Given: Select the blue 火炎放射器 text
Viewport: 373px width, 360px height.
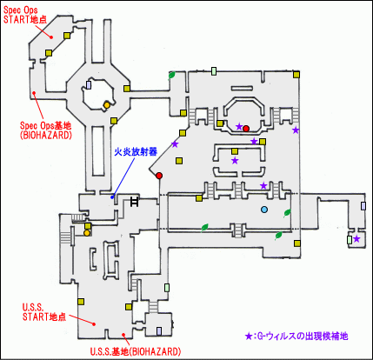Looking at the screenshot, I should (x=135, y=150).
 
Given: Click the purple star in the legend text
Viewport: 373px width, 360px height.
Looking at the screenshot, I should (x=250, y=335).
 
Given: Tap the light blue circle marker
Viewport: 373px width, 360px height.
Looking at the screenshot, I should (x=264, y=210).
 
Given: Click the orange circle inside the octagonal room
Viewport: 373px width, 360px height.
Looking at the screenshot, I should (x=106, y=104).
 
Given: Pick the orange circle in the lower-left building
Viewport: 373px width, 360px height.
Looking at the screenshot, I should (x=87, y=232).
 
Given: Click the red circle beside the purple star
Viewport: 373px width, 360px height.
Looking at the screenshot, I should (x=246, y=129).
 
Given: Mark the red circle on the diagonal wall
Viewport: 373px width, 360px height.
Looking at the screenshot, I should (x=159, y=177).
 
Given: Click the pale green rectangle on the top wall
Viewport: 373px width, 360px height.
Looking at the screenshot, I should (x=214, y=70).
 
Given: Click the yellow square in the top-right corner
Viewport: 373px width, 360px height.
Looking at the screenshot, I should (x=298, y=76).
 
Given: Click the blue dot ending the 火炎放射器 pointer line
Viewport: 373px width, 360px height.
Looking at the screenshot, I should (x=111, y=197).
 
